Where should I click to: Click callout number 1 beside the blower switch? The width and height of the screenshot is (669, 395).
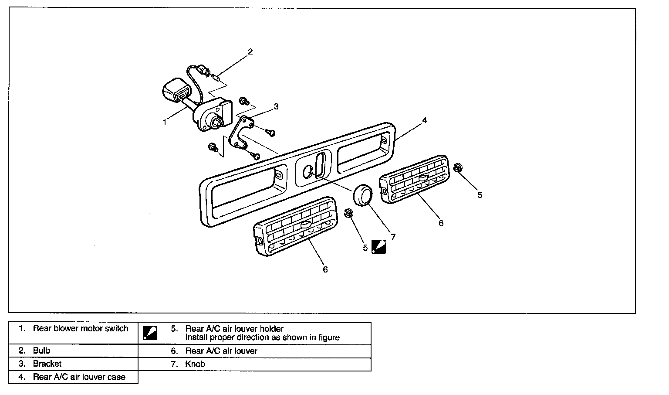pos(165,123)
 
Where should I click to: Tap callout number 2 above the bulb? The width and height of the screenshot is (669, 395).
pos(250,52)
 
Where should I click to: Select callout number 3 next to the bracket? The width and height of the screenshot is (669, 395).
pos(276,106)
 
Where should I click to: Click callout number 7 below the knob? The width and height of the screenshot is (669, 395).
pos(393,237)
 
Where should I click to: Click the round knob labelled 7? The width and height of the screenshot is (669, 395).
pos(362,195)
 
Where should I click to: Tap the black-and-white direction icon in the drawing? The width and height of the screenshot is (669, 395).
pos(378,247)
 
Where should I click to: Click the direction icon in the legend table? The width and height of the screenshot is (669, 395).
pos(149,333)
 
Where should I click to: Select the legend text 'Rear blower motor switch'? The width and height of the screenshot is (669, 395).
pos(81,328)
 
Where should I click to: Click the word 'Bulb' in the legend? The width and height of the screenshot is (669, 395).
pos(41,351)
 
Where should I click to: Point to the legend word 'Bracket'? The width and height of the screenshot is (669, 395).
pos(47,364)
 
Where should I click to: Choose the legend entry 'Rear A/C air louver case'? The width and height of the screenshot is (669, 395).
pos(79,377)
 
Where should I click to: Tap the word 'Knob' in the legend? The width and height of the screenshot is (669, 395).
pos(195,364)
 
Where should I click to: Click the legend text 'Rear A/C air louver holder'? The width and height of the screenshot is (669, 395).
pos(234,329)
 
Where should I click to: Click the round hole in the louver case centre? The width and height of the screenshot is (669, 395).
pos(307,171)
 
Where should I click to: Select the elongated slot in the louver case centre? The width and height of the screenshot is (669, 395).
pos(321,164)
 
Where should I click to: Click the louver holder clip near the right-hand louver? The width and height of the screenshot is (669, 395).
pos(458,167)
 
